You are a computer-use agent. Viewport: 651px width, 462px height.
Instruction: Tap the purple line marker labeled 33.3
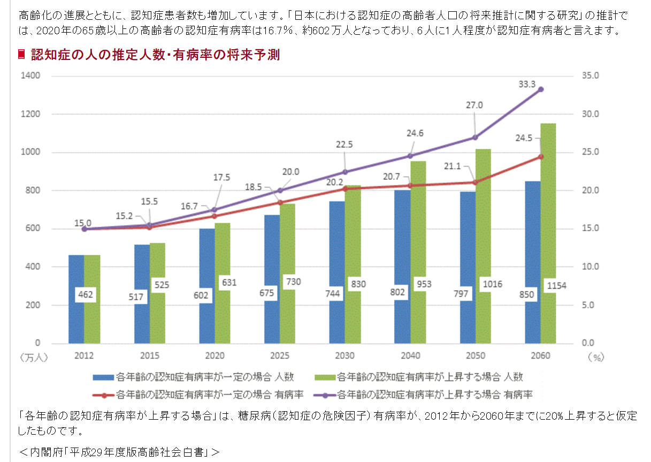(x=541, y=89)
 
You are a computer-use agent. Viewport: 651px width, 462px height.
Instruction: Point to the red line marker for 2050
(x=476, y=183)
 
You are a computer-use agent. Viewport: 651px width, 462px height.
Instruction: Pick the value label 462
(x=84, y=294)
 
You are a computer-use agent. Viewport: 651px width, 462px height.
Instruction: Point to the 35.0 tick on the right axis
(x=590, y=76)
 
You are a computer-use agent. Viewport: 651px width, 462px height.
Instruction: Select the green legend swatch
(x=324, y=377)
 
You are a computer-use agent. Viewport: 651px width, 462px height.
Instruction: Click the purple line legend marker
(x=324, y=396)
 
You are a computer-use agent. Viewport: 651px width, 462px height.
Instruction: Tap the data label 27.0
(x=474, y=105)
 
